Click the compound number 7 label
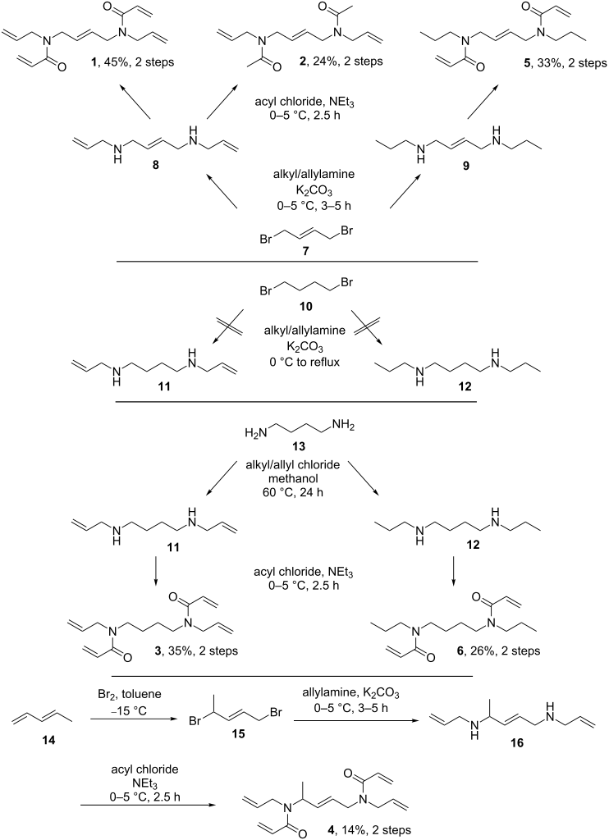[x=305, y=251]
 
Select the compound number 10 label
[x=305, y=307]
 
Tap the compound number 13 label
[x=305, y=446]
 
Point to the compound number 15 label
[x=238, y=733]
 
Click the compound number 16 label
[x=517, y=743]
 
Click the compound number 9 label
[x=466, y=166]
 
